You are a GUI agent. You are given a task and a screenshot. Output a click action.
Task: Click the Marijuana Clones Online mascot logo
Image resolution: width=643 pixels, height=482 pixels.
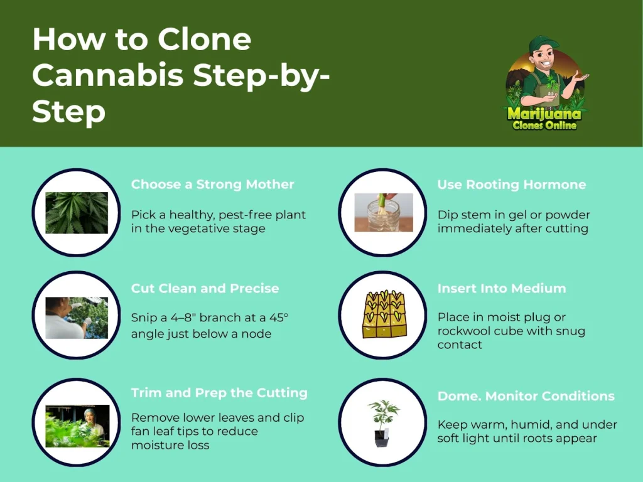tap(545, 83)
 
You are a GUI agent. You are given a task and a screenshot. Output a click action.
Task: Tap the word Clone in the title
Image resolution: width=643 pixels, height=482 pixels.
tap(204, 40)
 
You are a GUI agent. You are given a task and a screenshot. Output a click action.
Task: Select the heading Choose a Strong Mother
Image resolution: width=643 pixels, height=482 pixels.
tap(212, 185)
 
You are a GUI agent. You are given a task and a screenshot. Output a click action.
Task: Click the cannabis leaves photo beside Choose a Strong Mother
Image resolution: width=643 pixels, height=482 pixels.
tap(77, 213)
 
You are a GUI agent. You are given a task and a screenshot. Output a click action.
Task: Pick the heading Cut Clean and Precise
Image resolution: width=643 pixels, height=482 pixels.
tap(205, 288)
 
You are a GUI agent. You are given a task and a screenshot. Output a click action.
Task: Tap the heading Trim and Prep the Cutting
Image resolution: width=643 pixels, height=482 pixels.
tap(219, 393)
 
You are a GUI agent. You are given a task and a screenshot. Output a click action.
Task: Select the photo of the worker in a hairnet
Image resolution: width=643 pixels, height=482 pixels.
tap(77, 426)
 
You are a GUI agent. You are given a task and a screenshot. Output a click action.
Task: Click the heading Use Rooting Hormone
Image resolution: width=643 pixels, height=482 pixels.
tap(511, 185)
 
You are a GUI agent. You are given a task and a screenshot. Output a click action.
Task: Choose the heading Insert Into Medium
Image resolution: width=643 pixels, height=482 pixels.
tap(502, 288)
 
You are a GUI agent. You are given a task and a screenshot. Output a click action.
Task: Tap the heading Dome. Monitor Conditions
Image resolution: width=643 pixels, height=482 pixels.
tap(526, 396)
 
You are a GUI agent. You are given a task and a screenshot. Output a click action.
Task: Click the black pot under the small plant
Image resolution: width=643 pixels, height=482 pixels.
tap(382, 438)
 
